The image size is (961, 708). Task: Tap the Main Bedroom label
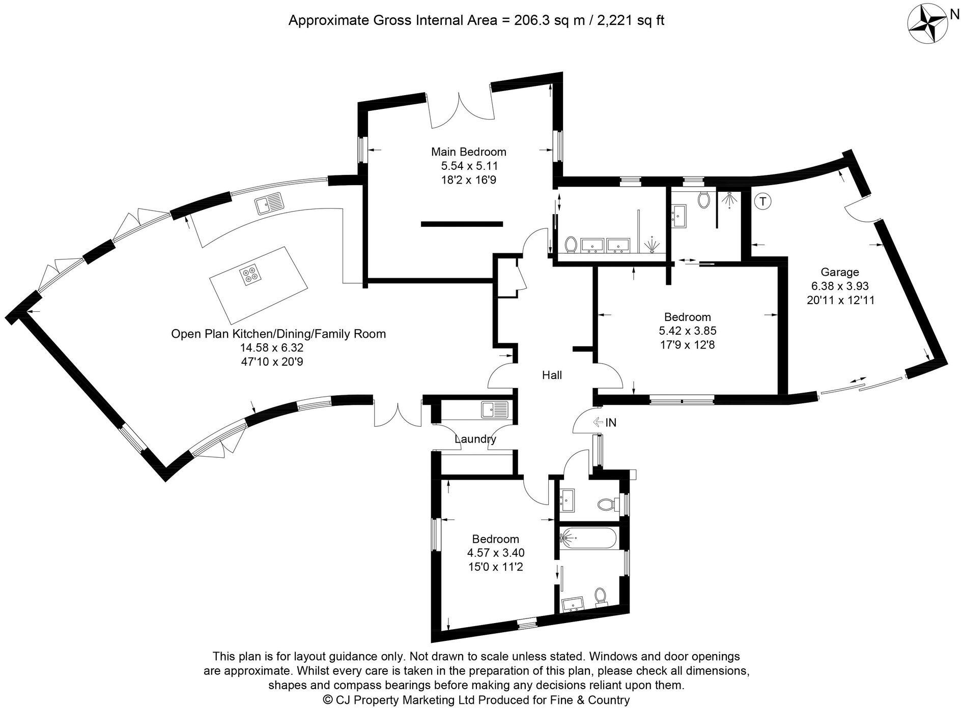(x=468, y=152)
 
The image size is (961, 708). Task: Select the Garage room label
(x=839, y=272)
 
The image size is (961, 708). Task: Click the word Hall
(x=552, y=375)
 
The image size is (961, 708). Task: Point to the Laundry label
(x=475, y=439)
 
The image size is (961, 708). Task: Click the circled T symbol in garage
(x=762, y=201)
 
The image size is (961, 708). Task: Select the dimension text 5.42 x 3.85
(x=687, y=331)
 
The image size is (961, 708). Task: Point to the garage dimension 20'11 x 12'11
(x=840, y=300)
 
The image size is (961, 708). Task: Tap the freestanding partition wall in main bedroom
(x=462, y=223)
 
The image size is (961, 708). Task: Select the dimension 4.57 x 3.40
(x=495, y=552)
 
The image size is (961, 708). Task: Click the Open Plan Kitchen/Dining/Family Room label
(x=278, y=334)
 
